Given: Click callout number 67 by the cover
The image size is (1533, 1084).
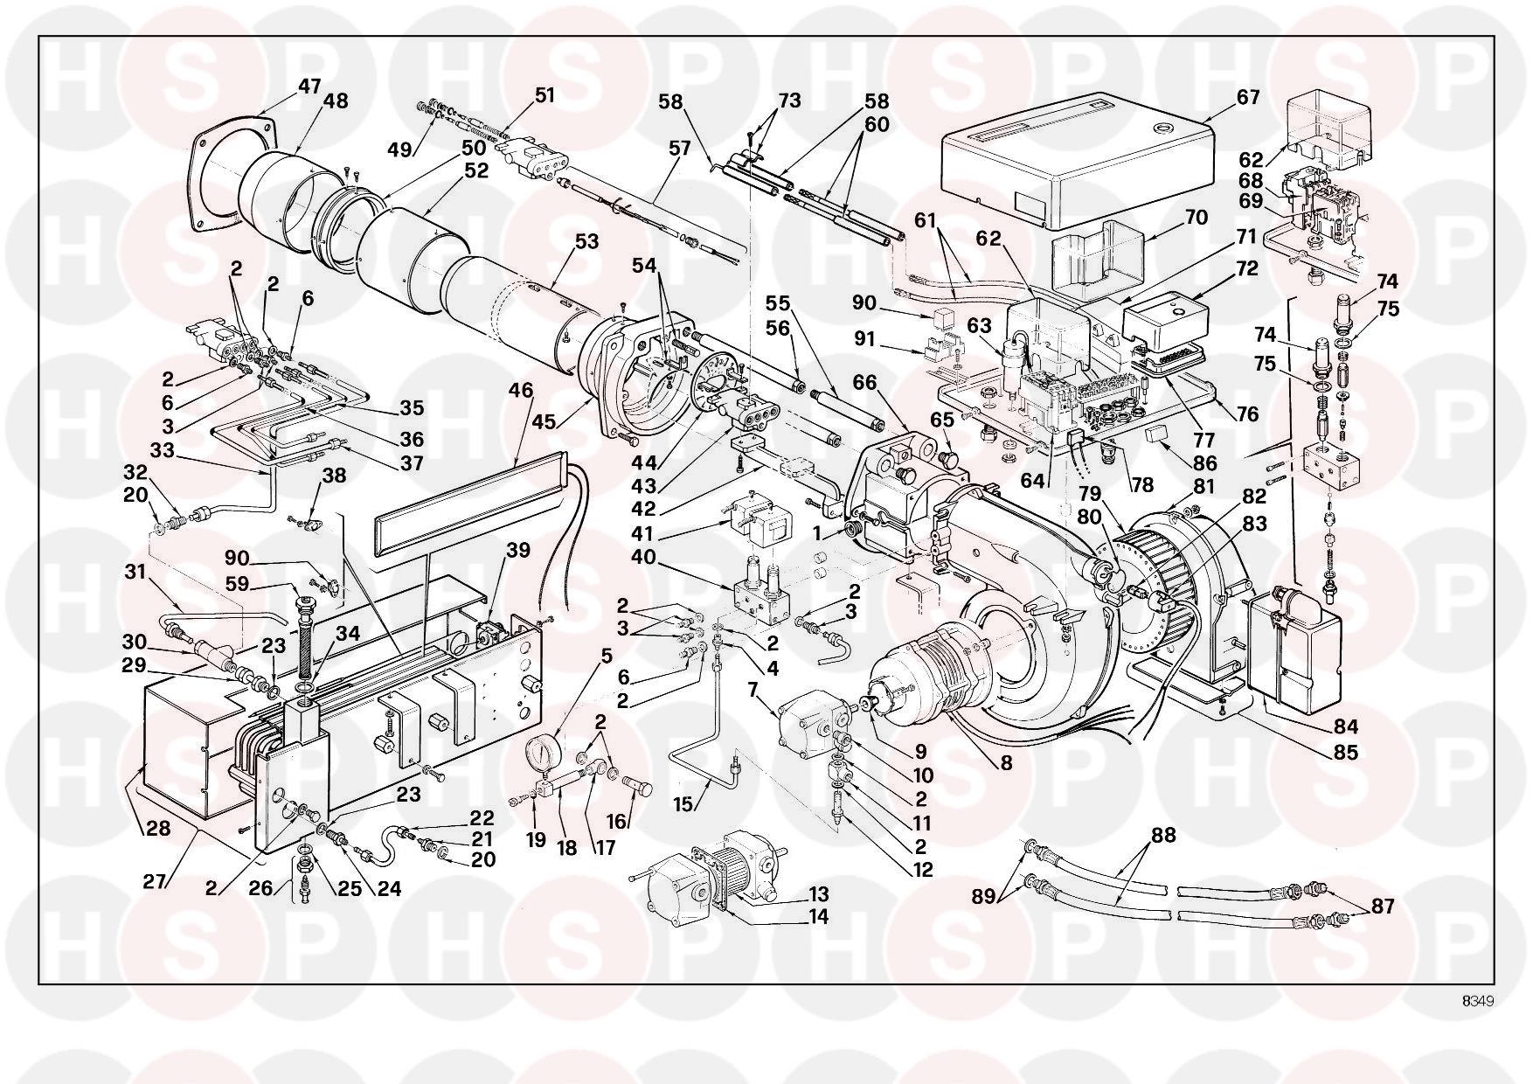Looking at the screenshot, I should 1248,96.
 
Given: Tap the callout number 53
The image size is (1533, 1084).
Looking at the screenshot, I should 586,240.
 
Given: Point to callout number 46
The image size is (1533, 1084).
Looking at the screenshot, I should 521,391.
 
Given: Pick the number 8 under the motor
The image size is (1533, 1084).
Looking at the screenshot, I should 1006,762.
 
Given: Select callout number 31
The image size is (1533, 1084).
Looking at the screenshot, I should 135,573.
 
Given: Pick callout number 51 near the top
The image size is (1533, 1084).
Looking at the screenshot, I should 545,94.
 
